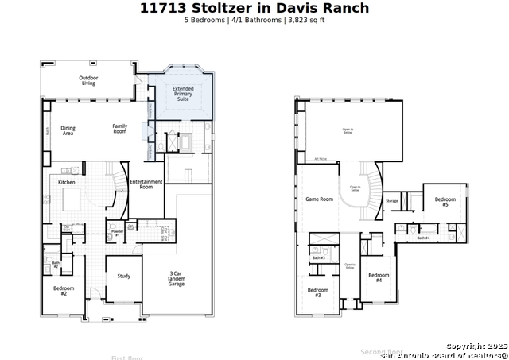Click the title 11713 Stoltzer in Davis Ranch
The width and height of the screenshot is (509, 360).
pos(254,8)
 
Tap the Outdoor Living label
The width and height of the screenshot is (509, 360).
pos(87,80)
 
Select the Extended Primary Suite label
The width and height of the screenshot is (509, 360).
pos(184,94)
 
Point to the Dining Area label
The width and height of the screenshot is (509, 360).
pos(68,130)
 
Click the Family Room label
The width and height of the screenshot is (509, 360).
pos(119,128)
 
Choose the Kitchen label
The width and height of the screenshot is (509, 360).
pos(67,183)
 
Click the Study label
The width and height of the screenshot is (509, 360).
pos(124,276)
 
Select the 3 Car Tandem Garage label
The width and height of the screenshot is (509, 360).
pos(176,279)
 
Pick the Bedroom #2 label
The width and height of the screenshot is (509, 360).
pos(64,291)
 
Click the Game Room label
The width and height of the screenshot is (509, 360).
pos(320,199)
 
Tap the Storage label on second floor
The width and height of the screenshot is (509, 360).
pos(391,201)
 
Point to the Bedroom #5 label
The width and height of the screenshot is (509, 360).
pos(445,202)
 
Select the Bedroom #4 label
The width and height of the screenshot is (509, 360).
pos(379,278)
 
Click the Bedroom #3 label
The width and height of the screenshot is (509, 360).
pos(318,292)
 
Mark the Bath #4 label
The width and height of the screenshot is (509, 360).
pos(423,238)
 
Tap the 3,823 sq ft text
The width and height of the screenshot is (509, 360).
pos(305,20)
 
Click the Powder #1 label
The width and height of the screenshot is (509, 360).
pos(117,234)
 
